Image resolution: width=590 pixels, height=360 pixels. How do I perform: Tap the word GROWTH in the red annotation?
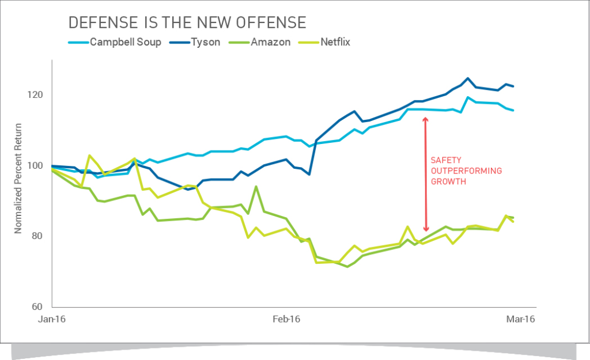[448, 180]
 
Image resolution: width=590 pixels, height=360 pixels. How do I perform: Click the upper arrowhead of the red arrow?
[426, 120]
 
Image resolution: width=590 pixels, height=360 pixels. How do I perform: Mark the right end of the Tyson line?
[513, 86]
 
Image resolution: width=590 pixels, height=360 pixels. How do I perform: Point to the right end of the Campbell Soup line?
[513, 110]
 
